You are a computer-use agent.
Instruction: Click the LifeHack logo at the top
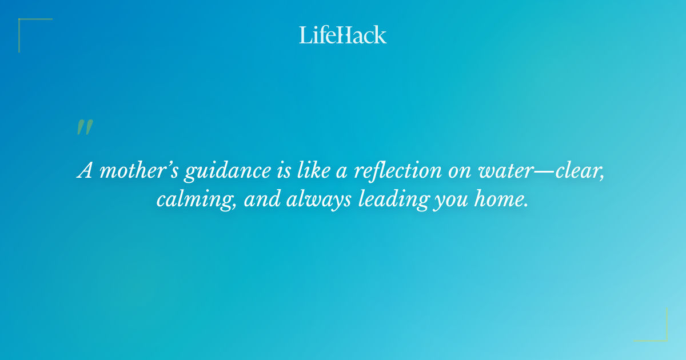click(x=343, y=35)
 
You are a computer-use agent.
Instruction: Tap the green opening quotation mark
click(x=85, y=127)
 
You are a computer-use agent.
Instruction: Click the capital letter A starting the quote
click(x=84, y=171)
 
